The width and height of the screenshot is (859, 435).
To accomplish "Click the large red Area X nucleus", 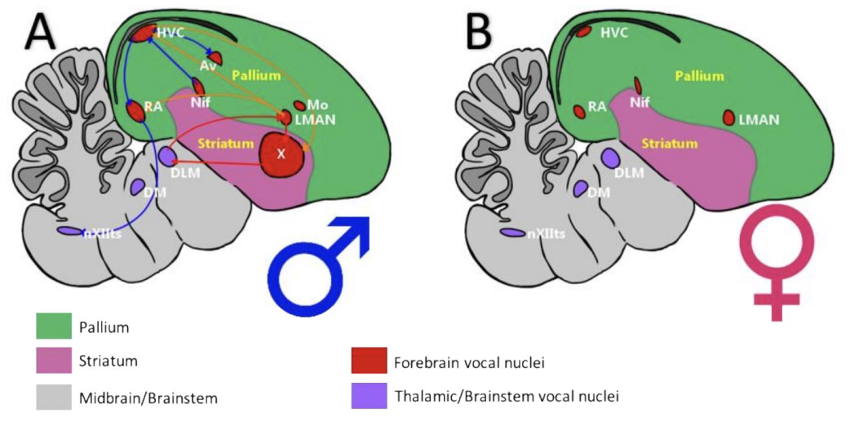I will click(281, 154).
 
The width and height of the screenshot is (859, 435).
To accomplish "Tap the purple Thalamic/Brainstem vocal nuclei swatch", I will click(369, 397).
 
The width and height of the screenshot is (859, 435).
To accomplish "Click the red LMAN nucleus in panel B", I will click(728, 118).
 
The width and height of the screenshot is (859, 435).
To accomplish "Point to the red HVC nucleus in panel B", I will click(584, 33).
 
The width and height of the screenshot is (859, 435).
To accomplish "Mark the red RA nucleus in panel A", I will click(136, 110).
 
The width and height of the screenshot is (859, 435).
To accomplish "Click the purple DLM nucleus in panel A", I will click(167, 155).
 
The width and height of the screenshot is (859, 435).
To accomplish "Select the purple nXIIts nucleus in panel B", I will click(512, 233).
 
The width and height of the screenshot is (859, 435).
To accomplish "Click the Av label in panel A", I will click(207, 64).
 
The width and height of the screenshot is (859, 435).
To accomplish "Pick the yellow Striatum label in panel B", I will click(670, 144).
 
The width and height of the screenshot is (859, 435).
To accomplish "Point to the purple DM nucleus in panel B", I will click(580, 189).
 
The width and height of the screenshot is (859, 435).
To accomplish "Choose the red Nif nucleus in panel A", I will click(197, 86).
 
